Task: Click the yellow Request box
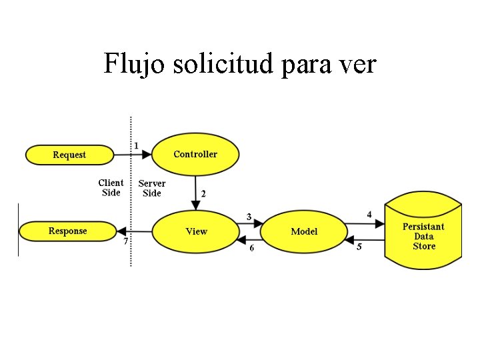tap(69, 155)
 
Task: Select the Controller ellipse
tap(195, 154)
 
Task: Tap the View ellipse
tap(196, 231)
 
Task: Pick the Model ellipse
tap(304, 231)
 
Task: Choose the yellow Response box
tap(67, 231)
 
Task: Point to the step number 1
tap(137, 145)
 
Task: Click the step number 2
tap(203, 193)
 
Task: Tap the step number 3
tap(249, 217)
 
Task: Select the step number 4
tap(369, 215)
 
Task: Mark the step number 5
tap(359, 247)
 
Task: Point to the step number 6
tap(251, 248)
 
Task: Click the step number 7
tap(125, 241)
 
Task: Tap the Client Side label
tap(111, 187)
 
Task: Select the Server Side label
tap(152, 188)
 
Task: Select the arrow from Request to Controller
tap(130, 155)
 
